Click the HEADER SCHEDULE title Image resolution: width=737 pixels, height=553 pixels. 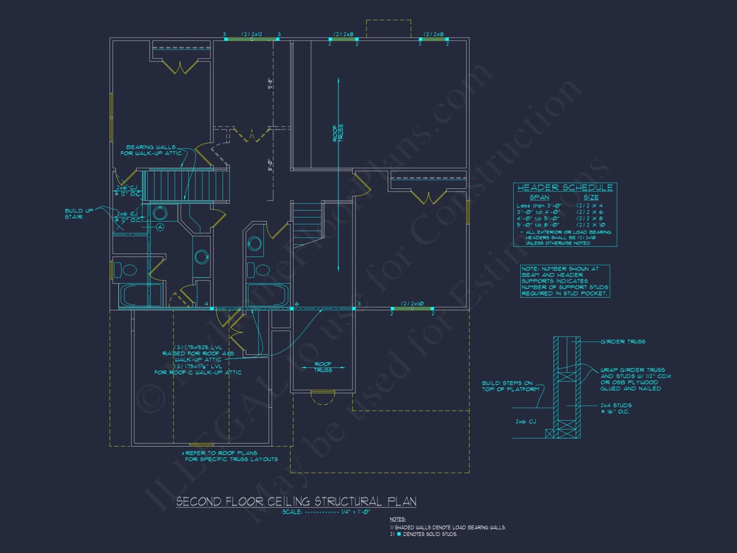565,188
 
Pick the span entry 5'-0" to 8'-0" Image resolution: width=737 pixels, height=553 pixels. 538,225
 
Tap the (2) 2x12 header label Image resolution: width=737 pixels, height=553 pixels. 252,34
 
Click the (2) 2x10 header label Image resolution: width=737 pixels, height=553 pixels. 412,304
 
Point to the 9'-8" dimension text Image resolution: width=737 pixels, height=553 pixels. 270,84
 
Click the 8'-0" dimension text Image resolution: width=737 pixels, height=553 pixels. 270,165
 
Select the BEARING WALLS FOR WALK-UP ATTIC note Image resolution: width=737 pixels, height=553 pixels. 151,150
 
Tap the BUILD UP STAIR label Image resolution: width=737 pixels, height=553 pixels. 74,214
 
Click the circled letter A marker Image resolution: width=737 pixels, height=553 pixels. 160,227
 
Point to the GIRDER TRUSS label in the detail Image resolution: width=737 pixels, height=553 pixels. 623,342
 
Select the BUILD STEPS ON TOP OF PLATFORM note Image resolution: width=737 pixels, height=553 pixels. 510,386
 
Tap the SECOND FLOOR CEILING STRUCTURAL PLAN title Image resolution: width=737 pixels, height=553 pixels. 296,501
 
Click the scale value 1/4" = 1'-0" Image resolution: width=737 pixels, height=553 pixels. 355,512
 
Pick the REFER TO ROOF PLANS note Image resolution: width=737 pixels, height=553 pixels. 231,456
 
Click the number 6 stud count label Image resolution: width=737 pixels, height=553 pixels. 297,304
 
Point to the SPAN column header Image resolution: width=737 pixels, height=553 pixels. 539,198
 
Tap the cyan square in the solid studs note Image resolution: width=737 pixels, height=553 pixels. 399,534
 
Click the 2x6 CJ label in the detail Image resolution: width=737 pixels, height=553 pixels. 525,421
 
